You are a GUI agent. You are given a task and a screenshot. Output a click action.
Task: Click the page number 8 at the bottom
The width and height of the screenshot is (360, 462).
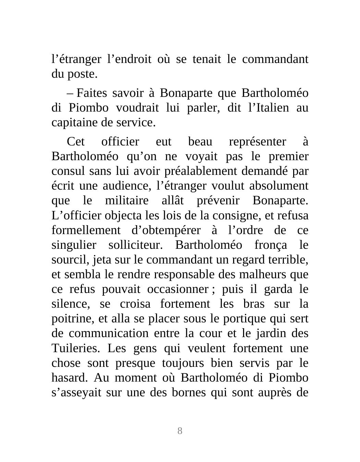click(x=180, y=431)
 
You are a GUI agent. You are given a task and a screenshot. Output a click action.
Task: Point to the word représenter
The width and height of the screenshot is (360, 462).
click(x=257, y=142)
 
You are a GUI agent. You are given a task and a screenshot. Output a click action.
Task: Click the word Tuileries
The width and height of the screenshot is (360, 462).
click(x=76, y=348)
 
